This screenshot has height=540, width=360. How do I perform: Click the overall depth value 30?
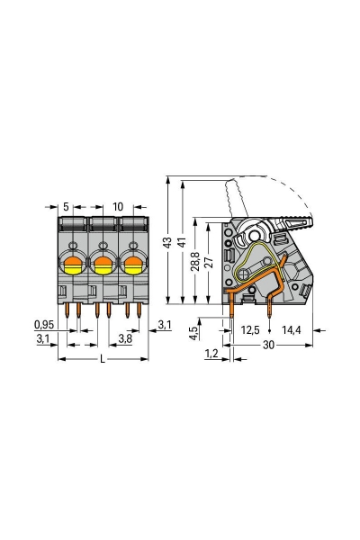pyautogui.click(x=268, y=346)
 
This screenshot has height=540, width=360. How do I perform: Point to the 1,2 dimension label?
pyautogui.click(x=211, y=355)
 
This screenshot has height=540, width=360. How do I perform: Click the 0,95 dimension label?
pyautogui.click(x=43, y=324)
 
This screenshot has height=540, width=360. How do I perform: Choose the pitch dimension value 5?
pyautogui.click(x=67, y=206)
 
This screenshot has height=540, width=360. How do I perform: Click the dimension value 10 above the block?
pyautogui.click(x=118, y=206)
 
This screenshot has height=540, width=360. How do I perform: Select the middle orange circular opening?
pyautogui.click(x=103, y=265)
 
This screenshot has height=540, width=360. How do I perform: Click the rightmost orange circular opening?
pyautogui.click(x=133, y=265)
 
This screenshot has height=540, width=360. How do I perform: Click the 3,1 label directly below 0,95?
pyautogui.click(x=43, y=339)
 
